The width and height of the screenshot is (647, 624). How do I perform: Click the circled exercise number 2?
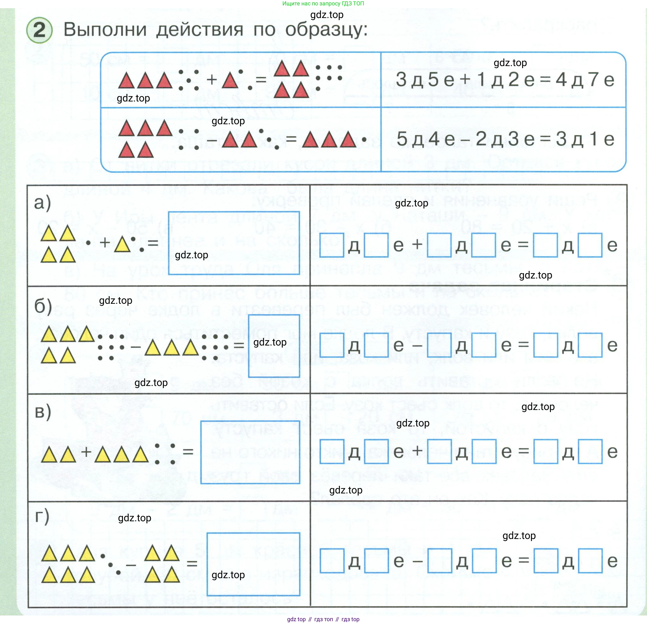[x=39, y=30]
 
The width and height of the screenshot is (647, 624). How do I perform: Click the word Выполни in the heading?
[x=105, y=29]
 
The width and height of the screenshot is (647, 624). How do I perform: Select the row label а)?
[x=43, y=202]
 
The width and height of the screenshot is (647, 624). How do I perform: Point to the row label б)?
[x=43, y=306]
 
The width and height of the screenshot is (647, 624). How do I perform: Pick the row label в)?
[x=43, y=412]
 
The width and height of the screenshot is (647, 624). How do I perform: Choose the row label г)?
[x=42, y=517]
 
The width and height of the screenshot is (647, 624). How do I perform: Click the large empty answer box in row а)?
[x=234, y=243]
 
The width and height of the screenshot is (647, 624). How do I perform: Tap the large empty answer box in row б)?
[x=274, y=346]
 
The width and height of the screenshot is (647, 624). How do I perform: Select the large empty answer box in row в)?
[x=250, y=452]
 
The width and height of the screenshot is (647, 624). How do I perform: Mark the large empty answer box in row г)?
[x=253, y=564]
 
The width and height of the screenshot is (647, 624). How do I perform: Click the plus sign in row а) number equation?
[x=417, y=245]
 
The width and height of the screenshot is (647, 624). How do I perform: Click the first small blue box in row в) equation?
[x=332, y=451]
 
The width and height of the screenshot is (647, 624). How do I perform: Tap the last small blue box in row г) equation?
[x=590, y=561]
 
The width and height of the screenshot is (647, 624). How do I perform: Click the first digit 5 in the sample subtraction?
[x=402, y=138]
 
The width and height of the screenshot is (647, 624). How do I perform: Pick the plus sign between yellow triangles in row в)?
[x=86, y=452]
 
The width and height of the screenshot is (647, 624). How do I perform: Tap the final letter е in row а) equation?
[x=612, y=246]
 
